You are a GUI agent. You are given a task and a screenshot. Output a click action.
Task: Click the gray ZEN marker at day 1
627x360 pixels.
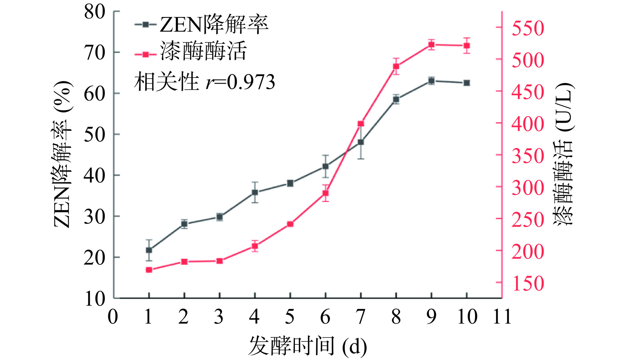pos(149,250)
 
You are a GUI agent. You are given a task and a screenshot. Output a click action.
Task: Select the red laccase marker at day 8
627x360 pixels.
pos(396,66)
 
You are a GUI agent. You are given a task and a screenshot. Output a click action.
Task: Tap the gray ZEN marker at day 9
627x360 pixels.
pos(431,81)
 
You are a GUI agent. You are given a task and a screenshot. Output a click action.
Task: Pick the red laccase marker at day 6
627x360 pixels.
pos(325,193)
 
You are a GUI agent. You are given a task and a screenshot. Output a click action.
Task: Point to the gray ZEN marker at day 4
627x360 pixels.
pos(255,192)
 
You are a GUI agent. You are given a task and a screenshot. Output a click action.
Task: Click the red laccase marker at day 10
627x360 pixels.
pos(467,45)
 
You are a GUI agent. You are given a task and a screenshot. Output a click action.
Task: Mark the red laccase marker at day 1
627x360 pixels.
pos(149,270)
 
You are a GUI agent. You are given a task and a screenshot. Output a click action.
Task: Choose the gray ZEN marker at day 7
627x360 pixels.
pos(361,142)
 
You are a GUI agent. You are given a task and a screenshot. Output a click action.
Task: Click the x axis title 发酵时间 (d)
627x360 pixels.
pos(308,346)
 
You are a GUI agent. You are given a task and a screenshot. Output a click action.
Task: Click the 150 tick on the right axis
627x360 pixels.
pos(527,283)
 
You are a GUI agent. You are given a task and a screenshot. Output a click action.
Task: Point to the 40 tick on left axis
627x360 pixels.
pos(95,176)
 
